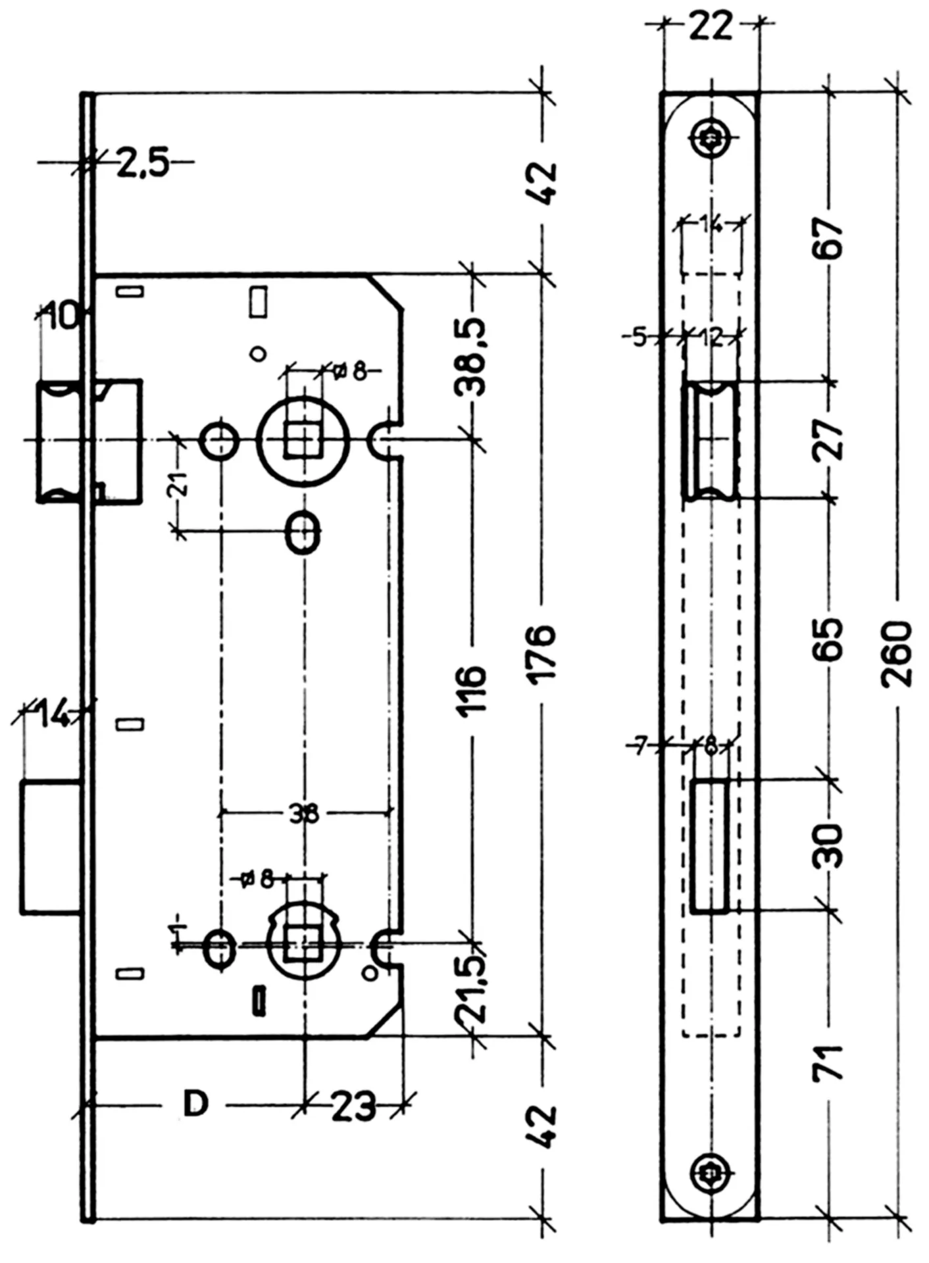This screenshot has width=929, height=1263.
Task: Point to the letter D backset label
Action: coord(195,1103)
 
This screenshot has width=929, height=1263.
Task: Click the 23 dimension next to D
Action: coord(353,1106)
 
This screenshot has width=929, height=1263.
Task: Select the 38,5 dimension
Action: coord(471,357)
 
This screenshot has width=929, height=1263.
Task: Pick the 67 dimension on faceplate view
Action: coord(830,239)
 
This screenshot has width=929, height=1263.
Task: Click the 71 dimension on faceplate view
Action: coord(830,1060)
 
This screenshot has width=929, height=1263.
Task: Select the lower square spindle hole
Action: coord(303,945)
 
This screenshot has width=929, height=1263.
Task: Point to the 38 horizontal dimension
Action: coord(304,814)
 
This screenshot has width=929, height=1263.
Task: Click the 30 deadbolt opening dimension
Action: coord(830,845)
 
